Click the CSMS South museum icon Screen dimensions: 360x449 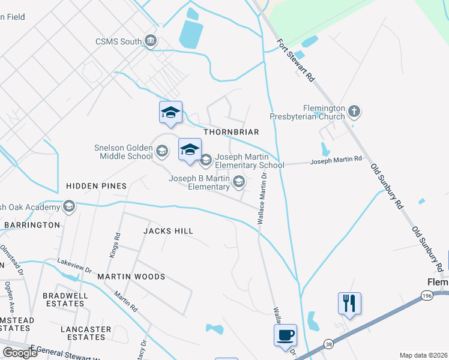151,41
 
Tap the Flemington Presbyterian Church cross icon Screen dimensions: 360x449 354,111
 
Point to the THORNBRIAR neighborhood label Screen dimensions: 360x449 231,132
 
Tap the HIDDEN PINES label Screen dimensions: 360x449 96,186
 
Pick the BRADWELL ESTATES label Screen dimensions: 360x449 65,299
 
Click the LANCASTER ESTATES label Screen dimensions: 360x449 86,333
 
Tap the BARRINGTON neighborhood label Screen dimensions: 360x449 32,225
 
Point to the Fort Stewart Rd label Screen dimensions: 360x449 296,61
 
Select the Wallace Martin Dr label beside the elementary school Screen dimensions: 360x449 262,199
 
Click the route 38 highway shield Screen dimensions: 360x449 329,344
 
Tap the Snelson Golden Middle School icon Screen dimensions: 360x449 161,150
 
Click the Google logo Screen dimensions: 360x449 19,353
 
